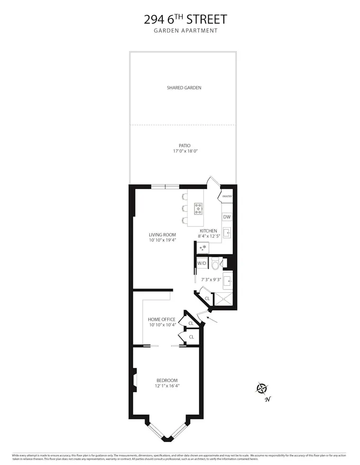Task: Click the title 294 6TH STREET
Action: tap(185, 19)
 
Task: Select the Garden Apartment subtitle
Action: tap(185, 31)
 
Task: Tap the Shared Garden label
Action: tap(184, 88)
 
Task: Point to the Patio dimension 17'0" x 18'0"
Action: tap(185, 151)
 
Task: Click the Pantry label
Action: tap(228, 196)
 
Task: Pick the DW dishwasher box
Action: tap(227, 217)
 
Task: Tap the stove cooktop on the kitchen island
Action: tap(198, 208)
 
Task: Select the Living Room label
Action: tap(162, 234)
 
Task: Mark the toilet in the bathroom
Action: tap(216, 264)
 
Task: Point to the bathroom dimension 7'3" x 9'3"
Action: tap(211, 280)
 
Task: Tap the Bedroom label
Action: tap(167, 380)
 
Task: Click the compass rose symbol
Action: tap(261, 389)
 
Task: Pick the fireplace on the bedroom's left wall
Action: tap(135, 381)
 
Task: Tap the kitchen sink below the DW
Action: tap(227, 232)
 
